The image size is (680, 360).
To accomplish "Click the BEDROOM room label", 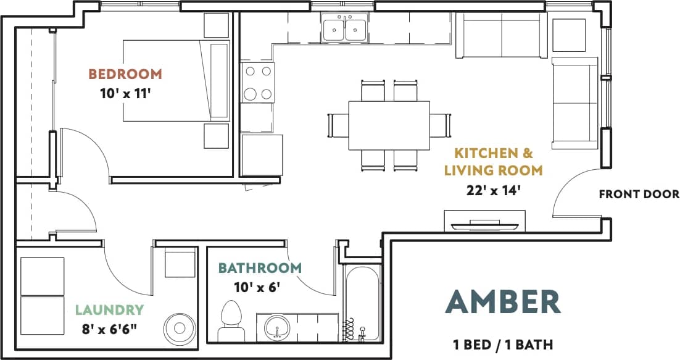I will coord(125,74).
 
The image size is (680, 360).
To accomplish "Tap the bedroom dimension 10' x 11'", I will coord(125,94).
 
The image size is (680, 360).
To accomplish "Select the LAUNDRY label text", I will coord(109,309).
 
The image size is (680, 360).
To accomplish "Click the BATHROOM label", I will coord(260,268).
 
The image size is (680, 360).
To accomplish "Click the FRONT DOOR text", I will coord(639,195).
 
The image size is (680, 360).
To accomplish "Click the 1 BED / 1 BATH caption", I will coord(502,344).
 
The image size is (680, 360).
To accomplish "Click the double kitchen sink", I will coord(344,28).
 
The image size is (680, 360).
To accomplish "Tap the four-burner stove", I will coord(258,83).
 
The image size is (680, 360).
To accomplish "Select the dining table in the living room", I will coord(389,125).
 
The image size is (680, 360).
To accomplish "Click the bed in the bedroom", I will coord(176,81).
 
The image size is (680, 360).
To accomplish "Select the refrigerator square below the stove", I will coord(262,154).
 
